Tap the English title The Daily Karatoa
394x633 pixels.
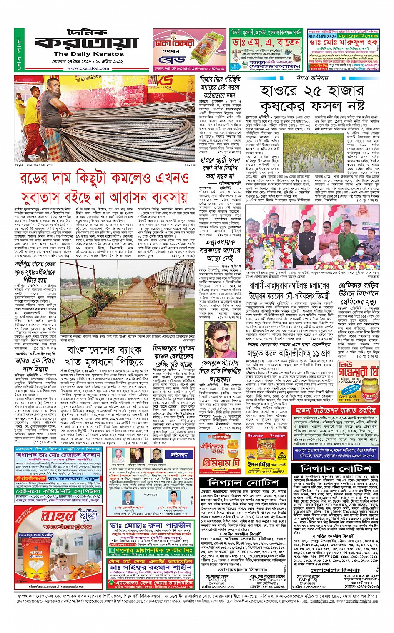pyautogui.click(x=88, y=54)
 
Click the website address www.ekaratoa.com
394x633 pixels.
pyautogui.click(x=88, y=68)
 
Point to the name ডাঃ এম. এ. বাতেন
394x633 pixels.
pyautogui.click(x=267, y=43)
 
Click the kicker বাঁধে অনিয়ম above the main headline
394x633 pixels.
pyautogui.click(x=312, y=78)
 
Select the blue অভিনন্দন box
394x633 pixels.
pyautogui.click(x=179, y=455)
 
